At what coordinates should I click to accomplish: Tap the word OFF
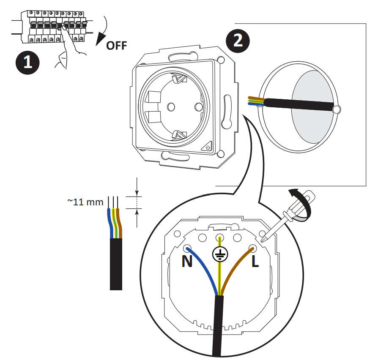pos(116,45)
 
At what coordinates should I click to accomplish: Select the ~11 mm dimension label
pos(85,202)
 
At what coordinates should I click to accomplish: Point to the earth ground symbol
pos(220,254)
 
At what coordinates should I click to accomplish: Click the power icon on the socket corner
pos(208,147)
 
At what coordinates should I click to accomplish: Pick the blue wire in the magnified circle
pos(203,270)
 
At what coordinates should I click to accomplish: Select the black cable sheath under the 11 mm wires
pos(116,264)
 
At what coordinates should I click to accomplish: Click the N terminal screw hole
pos(187,248)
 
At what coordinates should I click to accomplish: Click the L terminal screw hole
pos(253,248)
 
